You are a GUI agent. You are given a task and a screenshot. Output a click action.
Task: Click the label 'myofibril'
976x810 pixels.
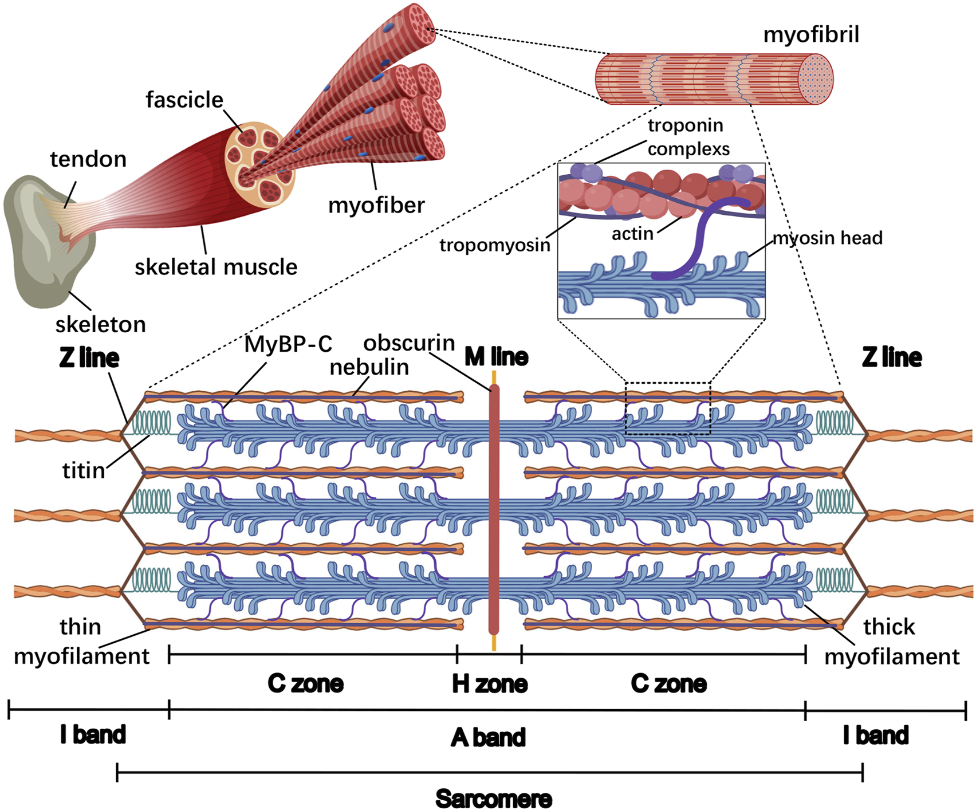(811, 35)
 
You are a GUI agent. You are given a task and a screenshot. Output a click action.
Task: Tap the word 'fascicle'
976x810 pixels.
(184, 100)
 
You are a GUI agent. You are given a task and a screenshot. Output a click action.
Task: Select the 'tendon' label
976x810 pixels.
(88, 159)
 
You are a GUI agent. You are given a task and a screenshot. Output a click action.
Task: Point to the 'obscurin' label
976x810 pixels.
(409, 343)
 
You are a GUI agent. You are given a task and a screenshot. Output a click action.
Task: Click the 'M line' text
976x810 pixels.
(496, 357)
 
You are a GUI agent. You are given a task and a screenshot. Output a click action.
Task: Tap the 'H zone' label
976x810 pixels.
(489, 683)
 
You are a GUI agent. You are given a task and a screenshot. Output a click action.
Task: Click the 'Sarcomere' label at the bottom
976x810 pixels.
(493, 799)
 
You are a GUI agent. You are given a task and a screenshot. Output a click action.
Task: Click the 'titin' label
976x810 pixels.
(84, 470)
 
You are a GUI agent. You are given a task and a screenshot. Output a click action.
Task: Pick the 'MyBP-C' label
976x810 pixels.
(288, 344)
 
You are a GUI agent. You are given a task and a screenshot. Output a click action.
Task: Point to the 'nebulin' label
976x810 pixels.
(369, 367)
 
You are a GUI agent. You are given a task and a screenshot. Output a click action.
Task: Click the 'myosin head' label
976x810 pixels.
(827, 238)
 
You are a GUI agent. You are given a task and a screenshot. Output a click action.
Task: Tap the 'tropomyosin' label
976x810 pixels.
(494, 245)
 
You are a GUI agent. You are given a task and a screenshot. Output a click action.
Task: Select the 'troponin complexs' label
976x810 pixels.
(688, 137)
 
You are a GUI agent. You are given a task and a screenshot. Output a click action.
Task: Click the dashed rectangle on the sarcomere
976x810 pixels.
(667, 408)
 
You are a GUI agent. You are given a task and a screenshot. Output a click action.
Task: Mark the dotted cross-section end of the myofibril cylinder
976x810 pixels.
(815, 79)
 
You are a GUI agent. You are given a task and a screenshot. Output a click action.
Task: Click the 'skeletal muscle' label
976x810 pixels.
(216, 267)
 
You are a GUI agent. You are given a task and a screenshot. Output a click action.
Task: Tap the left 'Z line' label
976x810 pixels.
(89, 358)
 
